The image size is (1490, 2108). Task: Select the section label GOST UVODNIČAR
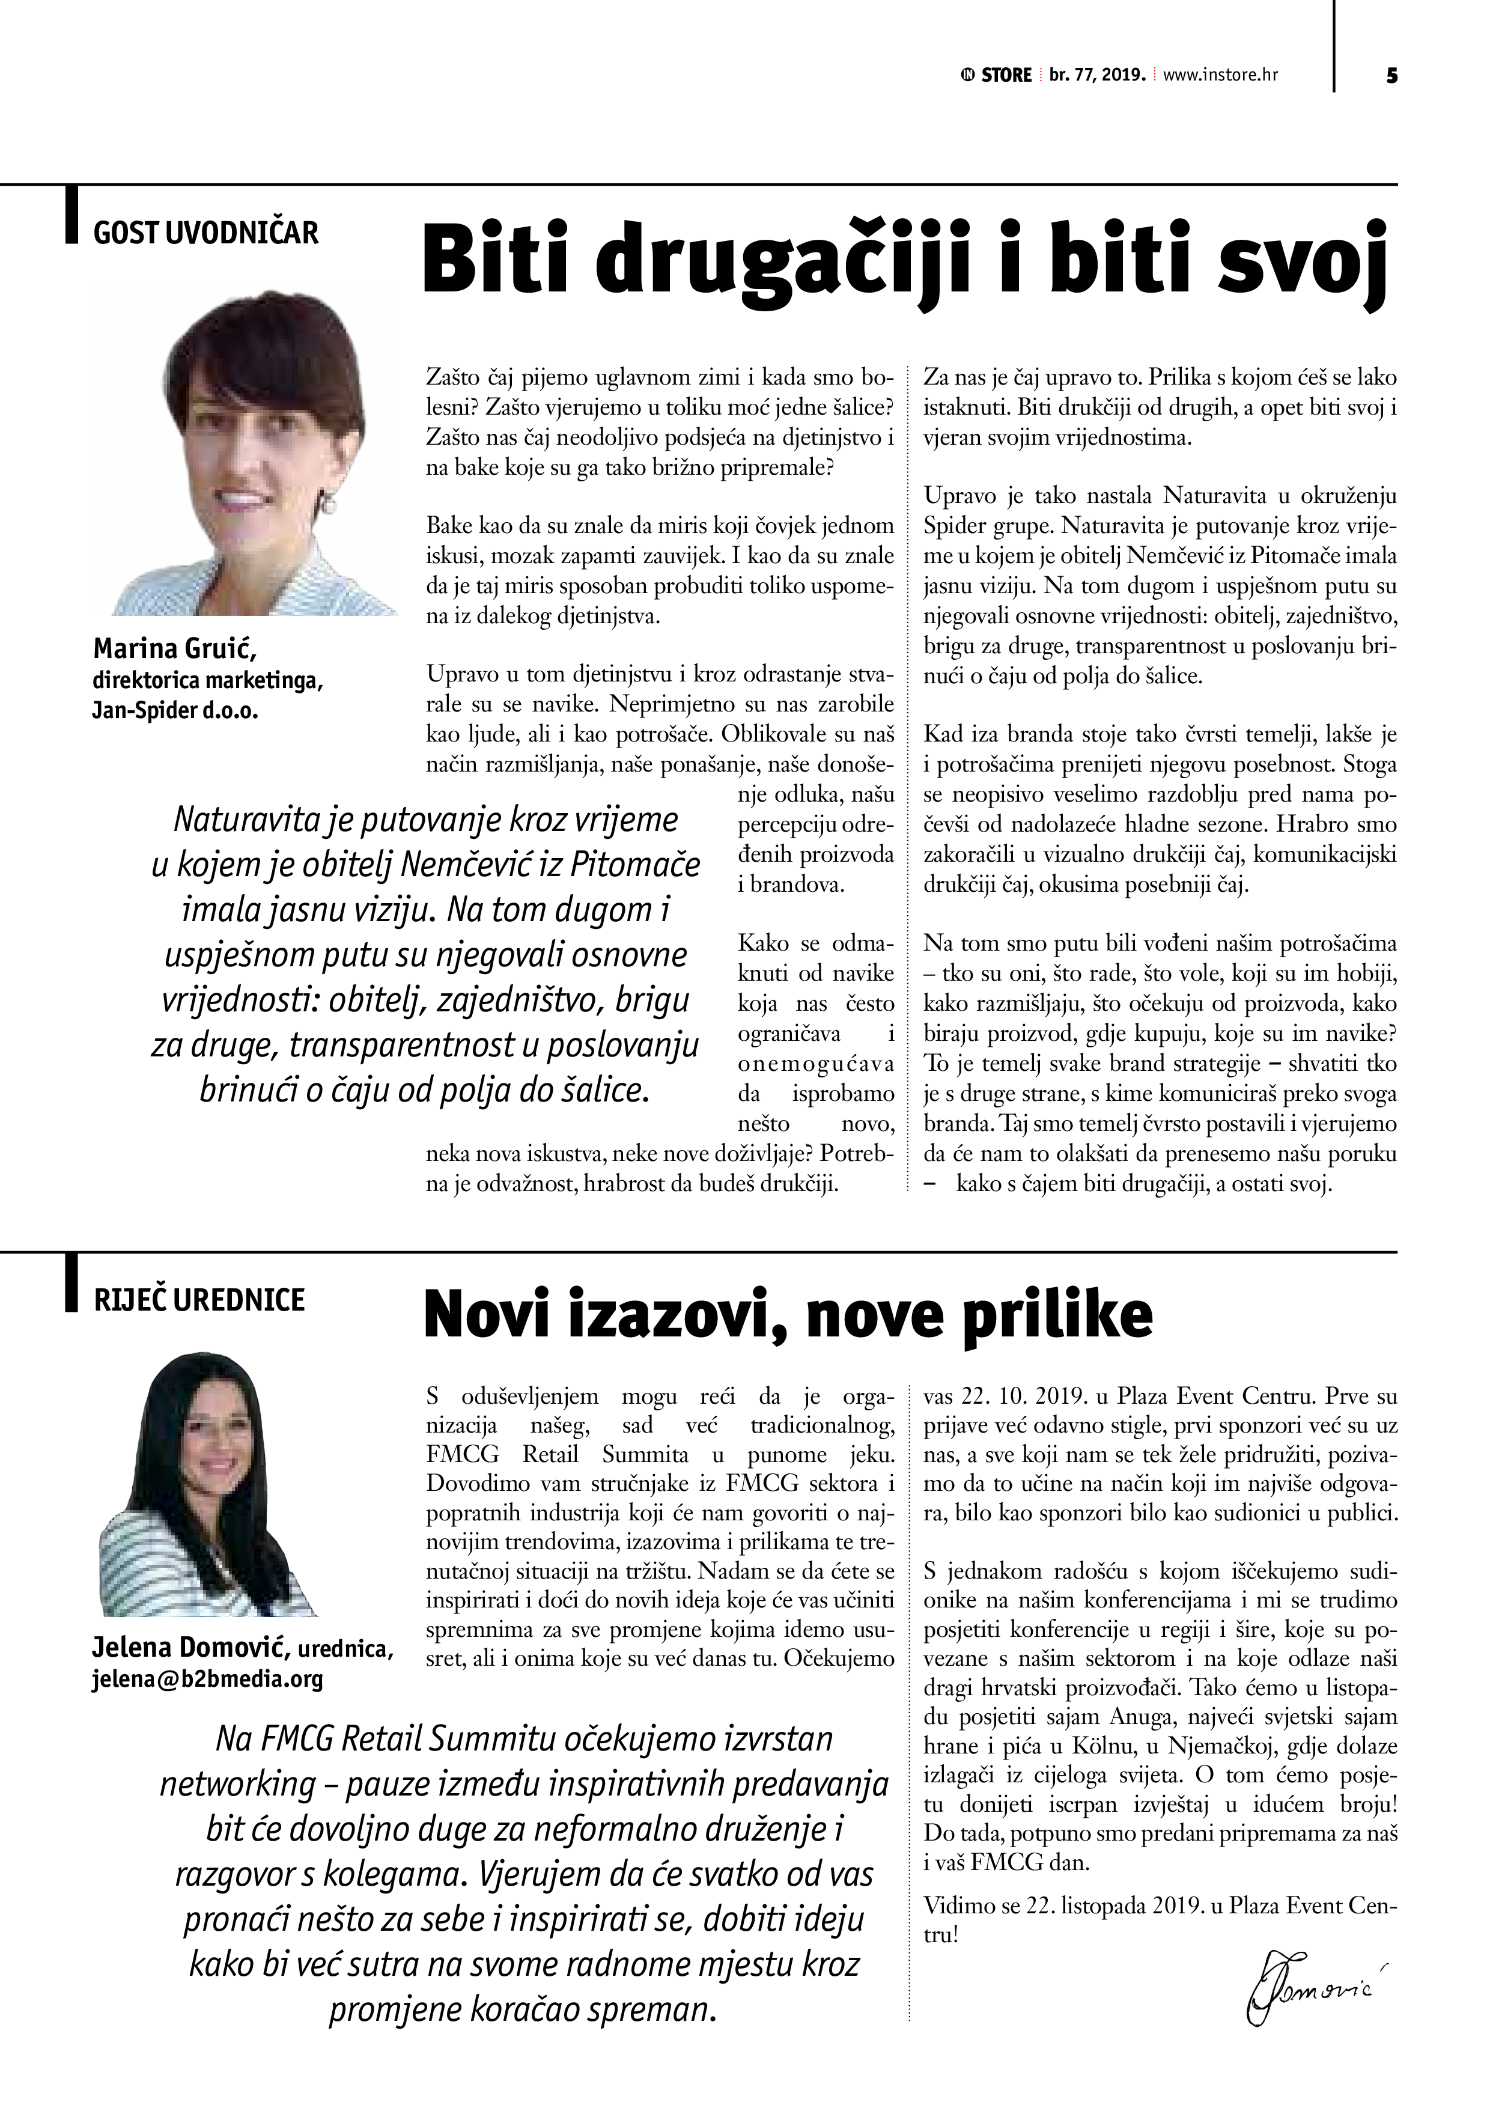[205, 233]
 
